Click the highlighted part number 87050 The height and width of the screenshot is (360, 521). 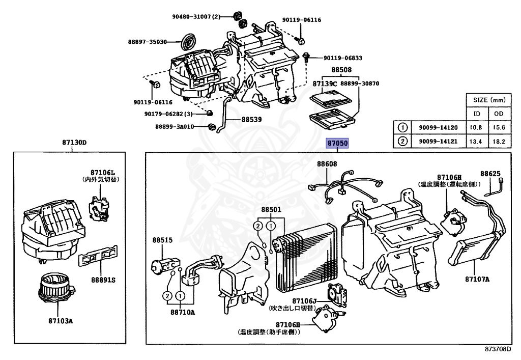point(337,144)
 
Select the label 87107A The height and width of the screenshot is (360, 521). point(477,279)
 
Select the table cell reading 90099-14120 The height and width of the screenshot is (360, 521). point(438,127)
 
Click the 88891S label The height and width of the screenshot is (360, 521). point(103,280)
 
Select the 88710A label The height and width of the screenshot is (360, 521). point(182,312)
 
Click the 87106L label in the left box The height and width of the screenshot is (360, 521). point(103,173)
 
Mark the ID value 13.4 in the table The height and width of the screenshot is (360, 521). point(477,141)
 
